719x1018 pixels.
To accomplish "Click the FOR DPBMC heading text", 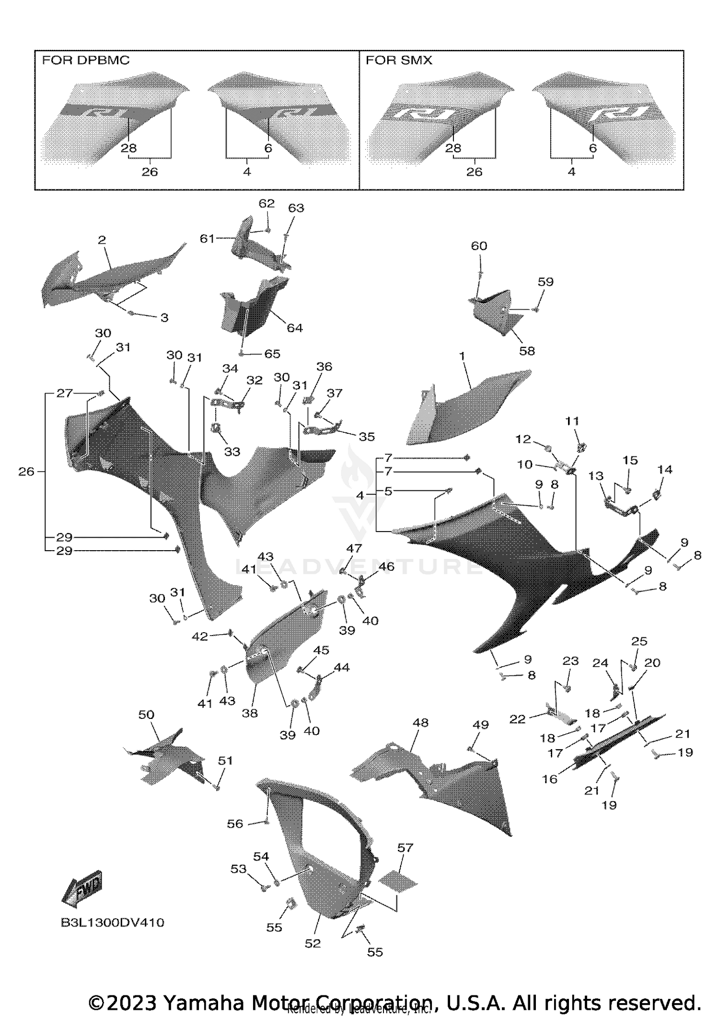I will pos(86,60).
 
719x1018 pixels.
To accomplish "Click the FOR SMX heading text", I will pos(399,60).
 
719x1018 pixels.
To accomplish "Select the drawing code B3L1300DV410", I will pos(113,923).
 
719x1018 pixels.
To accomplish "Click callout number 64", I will pos(294,328).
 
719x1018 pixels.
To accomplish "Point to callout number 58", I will pos(527,351).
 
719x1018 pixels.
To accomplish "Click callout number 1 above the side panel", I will pos(462,356).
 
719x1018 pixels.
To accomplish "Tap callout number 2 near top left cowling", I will pos(102,240).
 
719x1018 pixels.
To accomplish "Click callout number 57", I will pos(405,848).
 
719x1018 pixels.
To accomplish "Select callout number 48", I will pos(420,722).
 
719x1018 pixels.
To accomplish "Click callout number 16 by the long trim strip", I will pos(550,779).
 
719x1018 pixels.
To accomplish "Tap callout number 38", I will pos(249,713).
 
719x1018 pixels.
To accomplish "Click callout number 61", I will pos(207,238).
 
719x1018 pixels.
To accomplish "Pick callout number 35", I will pos(367,436).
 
